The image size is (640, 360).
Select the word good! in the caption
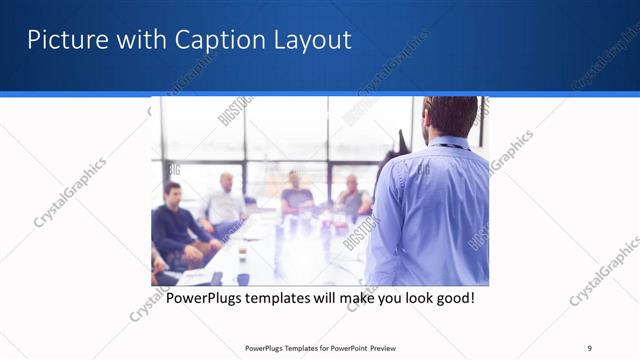[x=451, y=298]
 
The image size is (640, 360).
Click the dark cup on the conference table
[x=243, y=279]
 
